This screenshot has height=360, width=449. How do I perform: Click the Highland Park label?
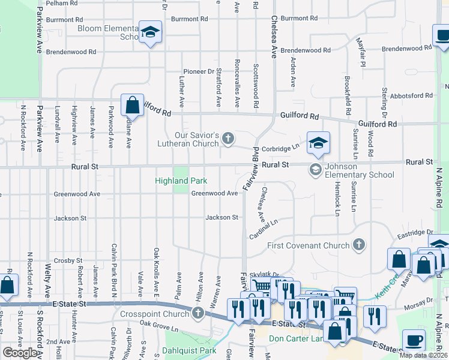[181, 181]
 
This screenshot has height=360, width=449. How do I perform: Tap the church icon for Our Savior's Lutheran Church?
[228, 139]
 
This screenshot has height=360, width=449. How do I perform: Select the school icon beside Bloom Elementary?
[150, 32]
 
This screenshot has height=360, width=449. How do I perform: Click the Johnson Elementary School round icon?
[315, 170]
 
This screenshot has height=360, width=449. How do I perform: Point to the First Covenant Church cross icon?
[358, 245]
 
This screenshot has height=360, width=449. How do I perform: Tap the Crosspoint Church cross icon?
[199, 313]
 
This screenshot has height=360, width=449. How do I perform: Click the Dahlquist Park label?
[191, 350]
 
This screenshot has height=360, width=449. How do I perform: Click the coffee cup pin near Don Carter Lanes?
[414, 340]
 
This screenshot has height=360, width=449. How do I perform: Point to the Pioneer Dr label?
[199, 71]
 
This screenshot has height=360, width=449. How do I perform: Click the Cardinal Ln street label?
[264, 230]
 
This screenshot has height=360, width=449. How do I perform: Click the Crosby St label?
[67, 260]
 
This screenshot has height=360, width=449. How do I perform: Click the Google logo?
[20, 353]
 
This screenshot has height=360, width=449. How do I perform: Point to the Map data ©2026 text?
[423, 355]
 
